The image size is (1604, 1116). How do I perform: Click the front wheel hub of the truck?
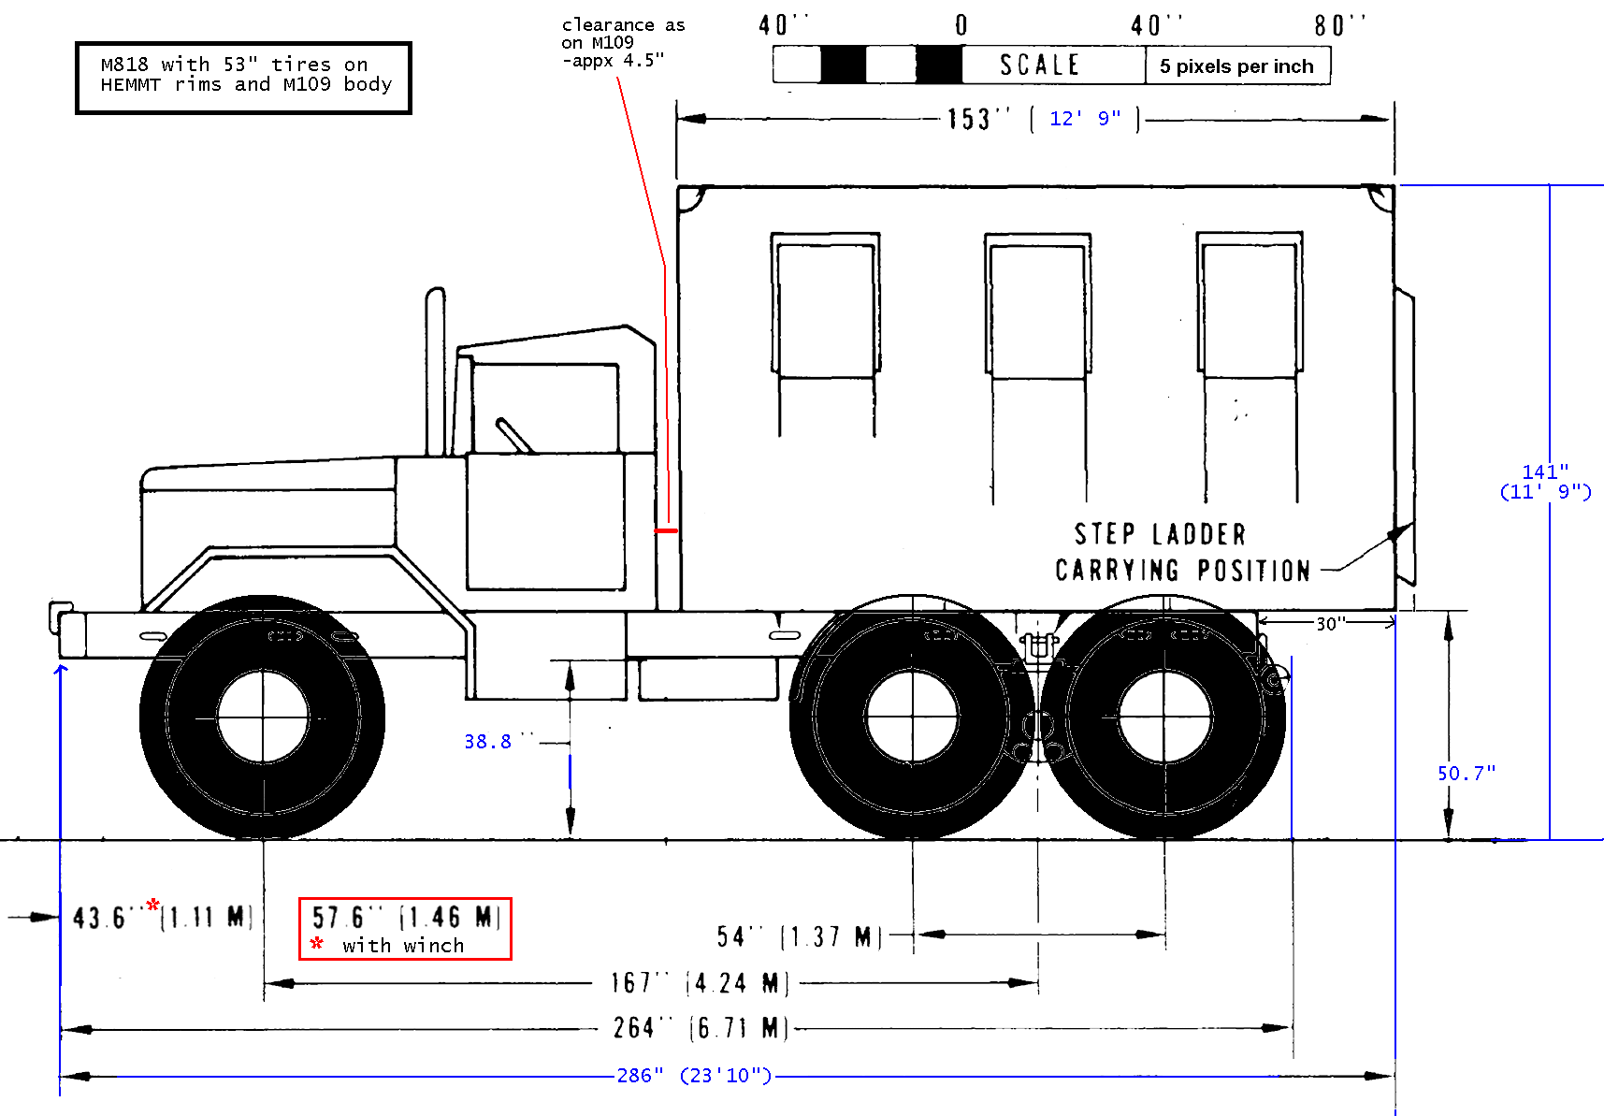point(263,717)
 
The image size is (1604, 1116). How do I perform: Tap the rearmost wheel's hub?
point(1164,717)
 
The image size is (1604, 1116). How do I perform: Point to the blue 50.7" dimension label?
point(1466,774)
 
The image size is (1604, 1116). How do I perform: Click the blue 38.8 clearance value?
point(488,742)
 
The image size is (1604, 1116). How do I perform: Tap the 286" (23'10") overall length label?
point(694,1076)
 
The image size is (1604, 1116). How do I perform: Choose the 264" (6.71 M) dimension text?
point(700,1028)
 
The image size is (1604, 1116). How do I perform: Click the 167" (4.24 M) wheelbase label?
point(700,983)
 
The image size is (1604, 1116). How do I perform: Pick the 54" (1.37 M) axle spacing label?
point(799,936)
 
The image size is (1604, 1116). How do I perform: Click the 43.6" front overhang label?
point(161,917)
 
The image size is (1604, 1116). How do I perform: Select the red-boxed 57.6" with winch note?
point(405,929)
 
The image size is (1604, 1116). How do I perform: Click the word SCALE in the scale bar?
point(1039,65)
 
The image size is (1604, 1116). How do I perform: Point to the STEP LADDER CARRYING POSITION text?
point(1182,553)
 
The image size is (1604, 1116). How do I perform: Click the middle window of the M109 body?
point(1037,309)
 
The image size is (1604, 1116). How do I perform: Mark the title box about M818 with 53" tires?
point(243,78)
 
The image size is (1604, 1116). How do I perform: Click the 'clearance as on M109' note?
point(622,43)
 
